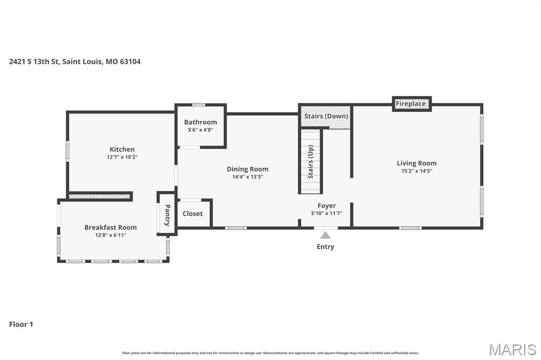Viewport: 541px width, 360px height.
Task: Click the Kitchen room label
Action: (122, 149)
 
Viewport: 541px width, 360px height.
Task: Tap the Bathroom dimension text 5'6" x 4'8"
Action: (200, 130)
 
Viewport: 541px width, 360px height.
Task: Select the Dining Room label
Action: (247, 169)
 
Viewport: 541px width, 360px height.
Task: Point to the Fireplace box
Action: (411, 104)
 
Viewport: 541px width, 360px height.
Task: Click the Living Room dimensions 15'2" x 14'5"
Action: (416, 171)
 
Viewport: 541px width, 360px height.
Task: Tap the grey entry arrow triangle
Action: (326, 235)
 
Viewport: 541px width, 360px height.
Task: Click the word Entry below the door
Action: (325, 247)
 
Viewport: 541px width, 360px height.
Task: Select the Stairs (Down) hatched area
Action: (325, 117)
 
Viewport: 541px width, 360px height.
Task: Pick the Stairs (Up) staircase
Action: (311, 162)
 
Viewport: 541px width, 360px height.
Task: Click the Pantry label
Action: (167, 215)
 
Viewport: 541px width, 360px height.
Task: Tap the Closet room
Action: (193, 214)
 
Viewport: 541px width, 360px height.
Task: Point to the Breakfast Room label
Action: (110, 228)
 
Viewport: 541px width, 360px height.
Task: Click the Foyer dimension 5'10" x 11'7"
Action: (326, 213)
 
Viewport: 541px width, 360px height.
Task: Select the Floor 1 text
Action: (21, 324)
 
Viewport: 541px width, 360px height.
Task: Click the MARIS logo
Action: (512, 349)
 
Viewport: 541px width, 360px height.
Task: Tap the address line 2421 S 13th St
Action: (34, 62)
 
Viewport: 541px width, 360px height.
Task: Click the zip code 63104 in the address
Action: (130, 62)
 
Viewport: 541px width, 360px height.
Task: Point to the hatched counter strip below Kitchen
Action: (100, 196)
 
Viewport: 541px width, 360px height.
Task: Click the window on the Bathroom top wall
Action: (199, 105)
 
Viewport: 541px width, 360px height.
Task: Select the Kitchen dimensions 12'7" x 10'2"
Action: (122, 157)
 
